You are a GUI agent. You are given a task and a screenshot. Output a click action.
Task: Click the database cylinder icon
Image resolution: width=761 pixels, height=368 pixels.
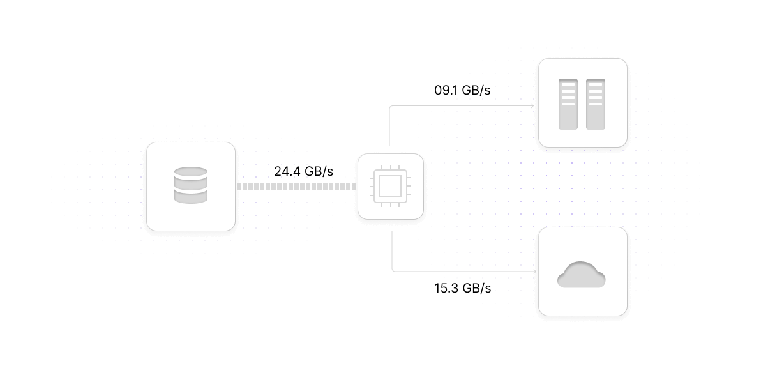coord(191,185)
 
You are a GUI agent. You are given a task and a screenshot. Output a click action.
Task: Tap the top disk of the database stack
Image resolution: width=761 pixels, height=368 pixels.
coord(191,172)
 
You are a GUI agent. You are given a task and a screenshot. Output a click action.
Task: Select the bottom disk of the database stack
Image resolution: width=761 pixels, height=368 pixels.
coord(191,197)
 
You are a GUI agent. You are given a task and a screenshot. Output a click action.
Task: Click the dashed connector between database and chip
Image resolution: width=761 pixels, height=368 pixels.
coord(296,187)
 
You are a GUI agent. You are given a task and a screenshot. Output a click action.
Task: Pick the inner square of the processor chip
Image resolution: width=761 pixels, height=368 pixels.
coord(390,187)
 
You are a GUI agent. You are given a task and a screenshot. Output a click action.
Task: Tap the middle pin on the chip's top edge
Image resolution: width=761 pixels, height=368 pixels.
coord(390,168)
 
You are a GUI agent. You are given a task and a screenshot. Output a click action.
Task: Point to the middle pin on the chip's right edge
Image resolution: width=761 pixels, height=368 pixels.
coord(409,187)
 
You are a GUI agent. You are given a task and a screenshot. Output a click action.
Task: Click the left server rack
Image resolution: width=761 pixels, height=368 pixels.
coord(568,103)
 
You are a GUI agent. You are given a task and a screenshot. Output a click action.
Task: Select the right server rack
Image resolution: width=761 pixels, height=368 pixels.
coord(596,103)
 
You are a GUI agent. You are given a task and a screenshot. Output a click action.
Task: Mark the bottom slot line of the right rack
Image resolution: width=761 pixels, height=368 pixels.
coord(596,104)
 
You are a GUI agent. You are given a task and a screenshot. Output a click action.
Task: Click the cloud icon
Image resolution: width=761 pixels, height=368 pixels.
coord(582,275)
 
